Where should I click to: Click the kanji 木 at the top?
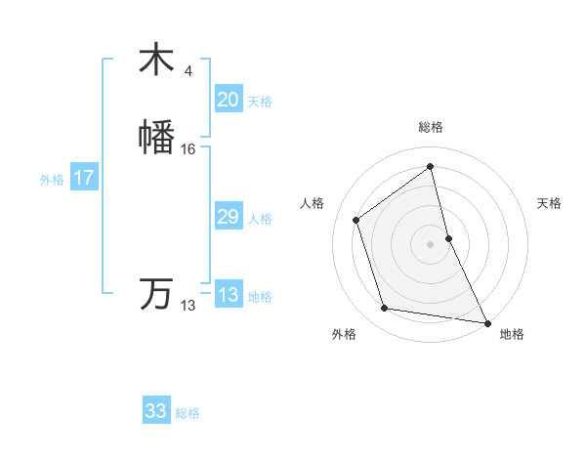tap(157, 60)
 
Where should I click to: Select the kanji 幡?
tap(157, 138)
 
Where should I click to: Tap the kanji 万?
tap(157, 293)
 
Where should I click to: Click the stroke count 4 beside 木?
tap(188, 70)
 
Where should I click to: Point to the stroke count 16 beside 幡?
tap(188, 149)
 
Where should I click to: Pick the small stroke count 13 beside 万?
tap(188, 306)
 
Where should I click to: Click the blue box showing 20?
tap(228, 100)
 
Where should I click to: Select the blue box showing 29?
tap(228, 217)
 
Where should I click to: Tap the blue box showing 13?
tap(228, 295)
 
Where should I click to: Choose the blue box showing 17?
tap(83, 178)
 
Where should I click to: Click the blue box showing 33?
tap(156, 411)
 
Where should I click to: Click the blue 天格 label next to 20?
tap(260, 102)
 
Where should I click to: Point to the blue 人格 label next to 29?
tap(260, 219)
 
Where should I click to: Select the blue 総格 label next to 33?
tap(188, 413)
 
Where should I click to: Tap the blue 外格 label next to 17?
tap(52, 180)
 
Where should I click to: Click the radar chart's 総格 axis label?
tap(431, 127)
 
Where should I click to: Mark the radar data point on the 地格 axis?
tap(486, 321)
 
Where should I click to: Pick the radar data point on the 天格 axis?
tap(448, 237)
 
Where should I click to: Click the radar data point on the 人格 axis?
tap(356, 220)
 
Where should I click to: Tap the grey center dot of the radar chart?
tap(431, 243)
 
